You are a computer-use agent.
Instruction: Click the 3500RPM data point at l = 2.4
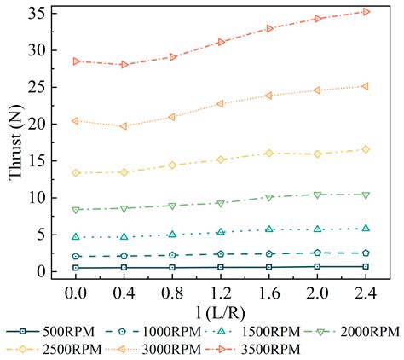click(366, 12)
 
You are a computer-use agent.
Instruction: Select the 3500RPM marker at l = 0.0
click(76, 61)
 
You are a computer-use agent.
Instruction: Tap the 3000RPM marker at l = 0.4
click(124, 126)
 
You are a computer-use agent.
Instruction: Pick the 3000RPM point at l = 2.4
click(366, 86)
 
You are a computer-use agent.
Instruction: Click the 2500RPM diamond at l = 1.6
click(269, 154)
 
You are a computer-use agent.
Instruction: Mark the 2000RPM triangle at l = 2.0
click(317, 195)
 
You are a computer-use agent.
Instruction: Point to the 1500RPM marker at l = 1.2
click(221, 232)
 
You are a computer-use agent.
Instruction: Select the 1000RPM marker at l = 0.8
click(172, 255)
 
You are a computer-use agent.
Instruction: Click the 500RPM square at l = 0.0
click(76, 268)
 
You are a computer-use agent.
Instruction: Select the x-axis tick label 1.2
click(221, 292)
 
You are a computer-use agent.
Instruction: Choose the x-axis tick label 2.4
click(366, 292)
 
